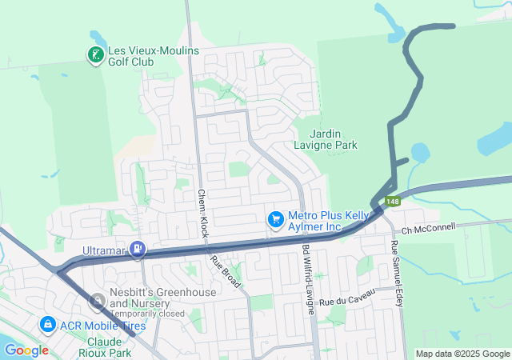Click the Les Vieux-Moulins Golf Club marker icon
[x=95, y=55]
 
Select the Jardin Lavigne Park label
[x=334, y=139]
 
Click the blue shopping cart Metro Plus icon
[x=276, y=218]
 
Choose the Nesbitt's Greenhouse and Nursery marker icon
[x=98, y=301]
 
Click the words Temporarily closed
[x=148, y=314]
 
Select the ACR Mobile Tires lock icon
[x=47, y=324]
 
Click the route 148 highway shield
[x=392, y=202]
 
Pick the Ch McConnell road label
[x=428, y=228]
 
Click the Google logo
[x=26, y=350]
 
